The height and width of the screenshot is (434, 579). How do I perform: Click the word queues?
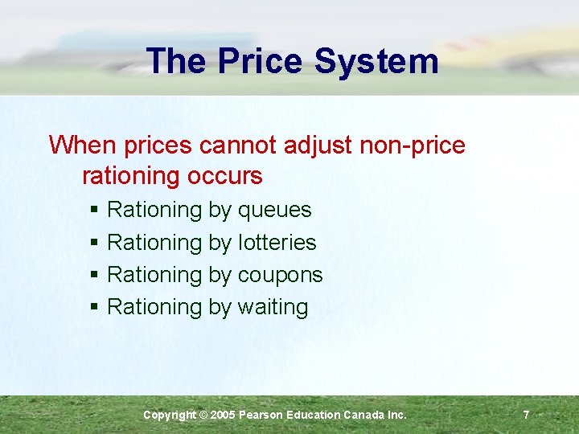coord(274,211)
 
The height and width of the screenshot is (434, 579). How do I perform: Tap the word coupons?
coord(280,275)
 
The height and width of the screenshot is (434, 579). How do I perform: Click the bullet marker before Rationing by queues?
coord(94,211)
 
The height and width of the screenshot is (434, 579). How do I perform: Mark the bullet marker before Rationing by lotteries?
coord(94,243)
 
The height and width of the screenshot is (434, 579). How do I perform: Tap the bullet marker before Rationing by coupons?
coord(94,275)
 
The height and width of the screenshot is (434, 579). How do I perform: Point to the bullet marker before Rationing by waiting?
coord(94,307)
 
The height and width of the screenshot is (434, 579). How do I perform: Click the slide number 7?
coord(526,415)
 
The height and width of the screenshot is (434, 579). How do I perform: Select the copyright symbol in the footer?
coord(203,415)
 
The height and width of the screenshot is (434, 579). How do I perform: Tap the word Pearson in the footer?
coord(264,415)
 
